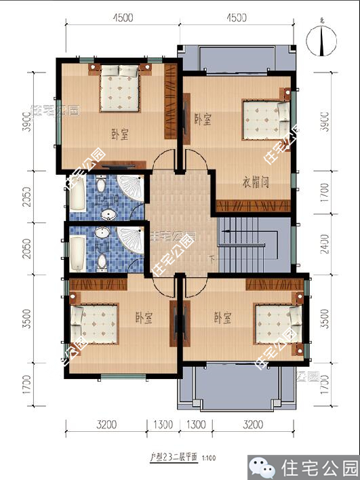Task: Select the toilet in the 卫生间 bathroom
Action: [x=101, y=184]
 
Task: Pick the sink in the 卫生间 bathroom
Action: [x=108, y=214]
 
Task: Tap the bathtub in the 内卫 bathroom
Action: [x=77, y=251]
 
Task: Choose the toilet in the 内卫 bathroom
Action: [x=102, y=262]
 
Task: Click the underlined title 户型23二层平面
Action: [x=173, y=458]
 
